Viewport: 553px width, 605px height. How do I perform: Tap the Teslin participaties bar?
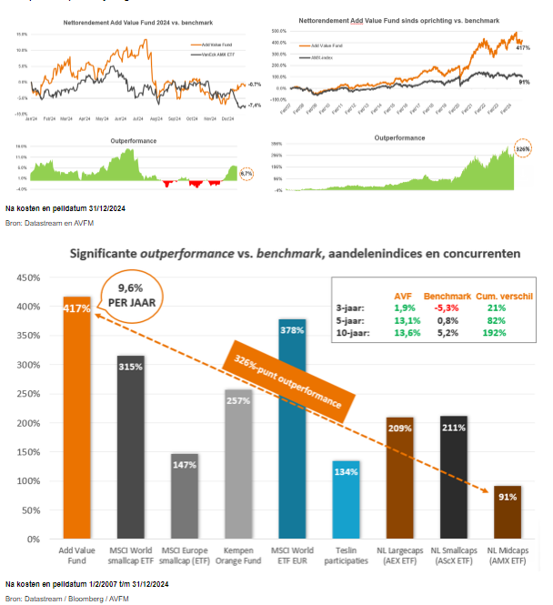tap(346, 500)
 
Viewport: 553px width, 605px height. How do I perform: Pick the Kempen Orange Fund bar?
tap(237, 464)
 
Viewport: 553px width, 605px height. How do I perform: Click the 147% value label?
tap(185, 464)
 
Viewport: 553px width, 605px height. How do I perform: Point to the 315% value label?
tap(131, 367)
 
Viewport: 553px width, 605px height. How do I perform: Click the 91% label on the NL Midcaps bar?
tap(508, 497)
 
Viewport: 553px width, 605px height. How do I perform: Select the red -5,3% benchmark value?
tap(447, 308)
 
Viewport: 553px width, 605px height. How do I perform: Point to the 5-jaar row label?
tap(351, 320)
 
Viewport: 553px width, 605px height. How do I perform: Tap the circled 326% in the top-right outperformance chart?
tap(521, 148)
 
